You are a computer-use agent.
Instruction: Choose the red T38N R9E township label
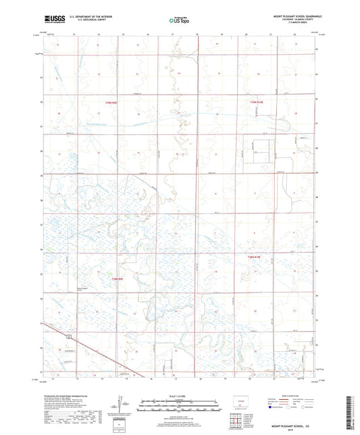[118, 278]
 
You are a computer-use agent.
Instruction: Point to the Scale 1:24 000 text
[180, 396]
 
